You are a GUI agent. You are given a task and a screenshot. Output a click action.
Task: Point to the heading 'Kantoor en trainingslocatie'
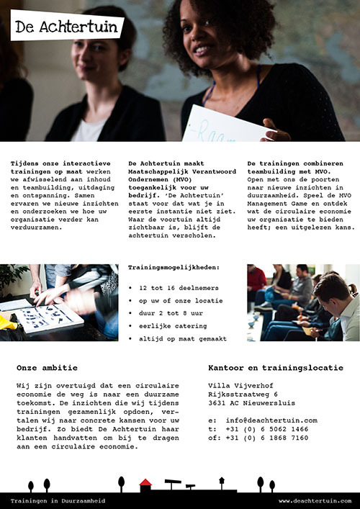276,368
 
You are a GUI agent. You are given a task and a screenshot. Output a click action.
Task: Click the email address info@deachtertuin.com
271,420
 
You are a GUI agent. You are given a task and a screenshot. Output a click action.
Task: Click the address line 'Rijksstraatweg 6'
243,395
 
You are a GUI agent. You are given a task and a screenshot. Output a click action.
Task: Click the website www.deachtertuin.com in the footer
315,500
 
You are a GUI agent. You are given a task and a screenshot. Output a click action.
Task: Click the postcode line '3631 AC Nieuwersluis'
253,403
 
